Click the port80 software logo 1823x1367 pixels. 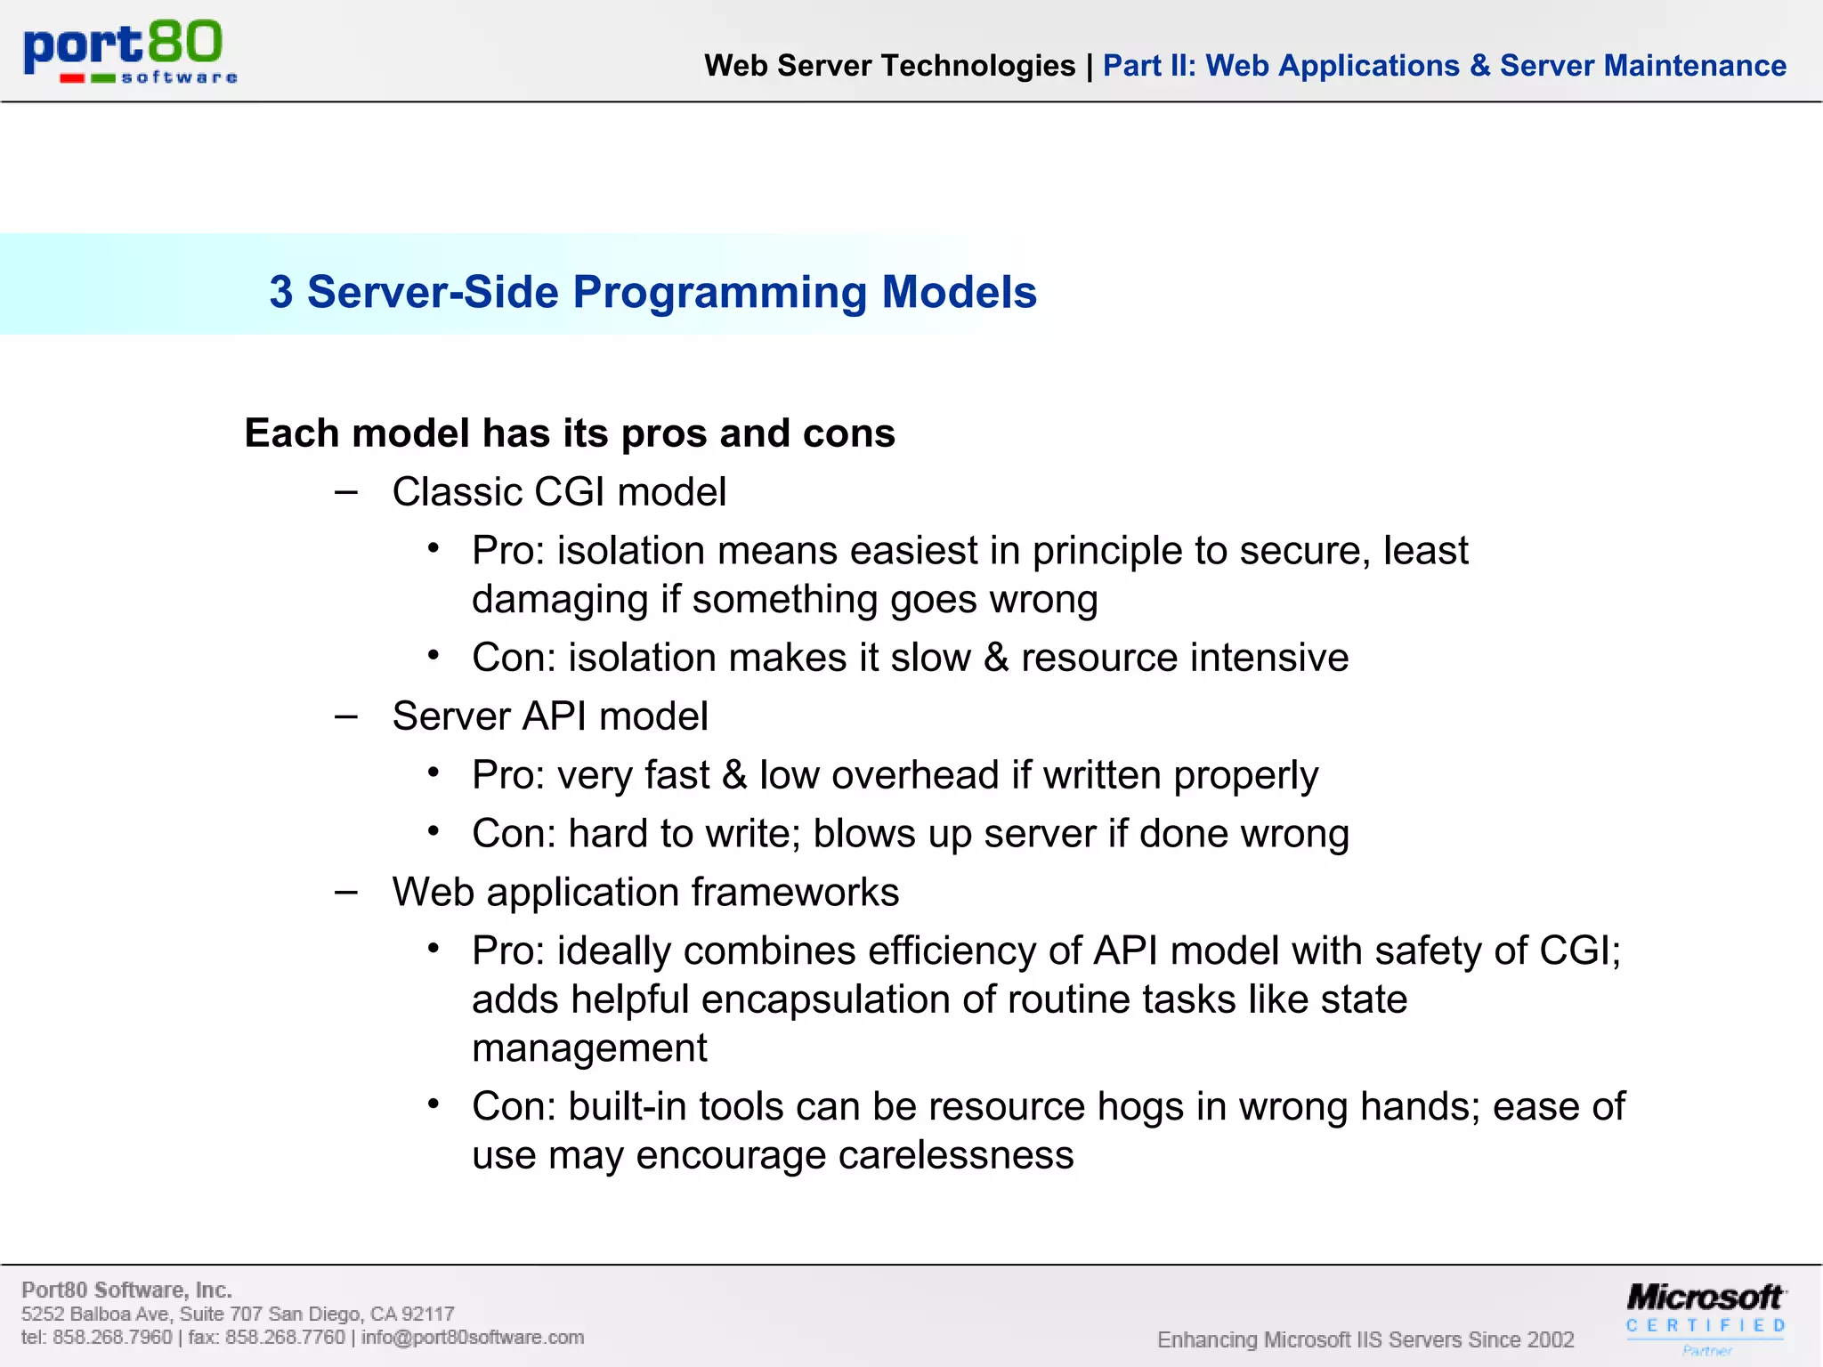coord(130,52)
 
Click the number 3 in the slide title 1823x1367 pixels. coord(281,293)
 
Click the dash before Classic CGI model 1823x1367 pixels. coord(346,492)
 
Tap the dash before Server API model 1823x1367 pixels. coord(346,716)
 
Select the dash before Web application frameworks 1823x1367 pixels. coord(346,892)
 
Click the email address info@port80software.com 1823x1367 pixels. coord(473,1338)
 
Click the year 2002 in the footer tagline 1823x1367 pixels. coord(1550,1340)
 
